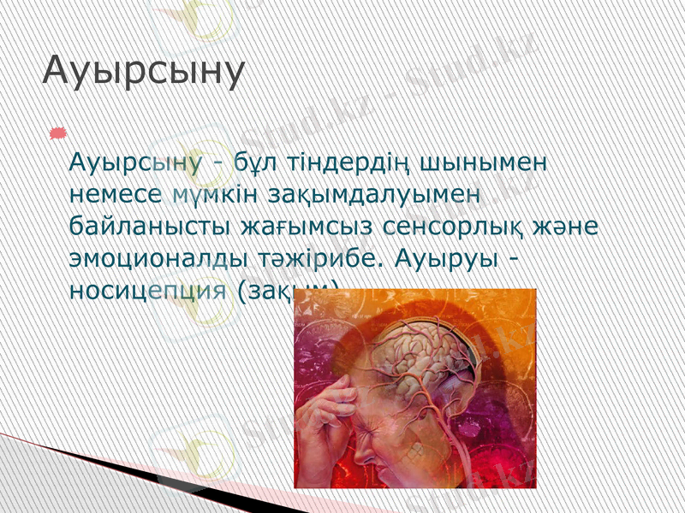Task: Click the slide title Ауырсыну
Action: coord(144,72)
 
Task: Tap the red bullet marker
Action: coord(57,131)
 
